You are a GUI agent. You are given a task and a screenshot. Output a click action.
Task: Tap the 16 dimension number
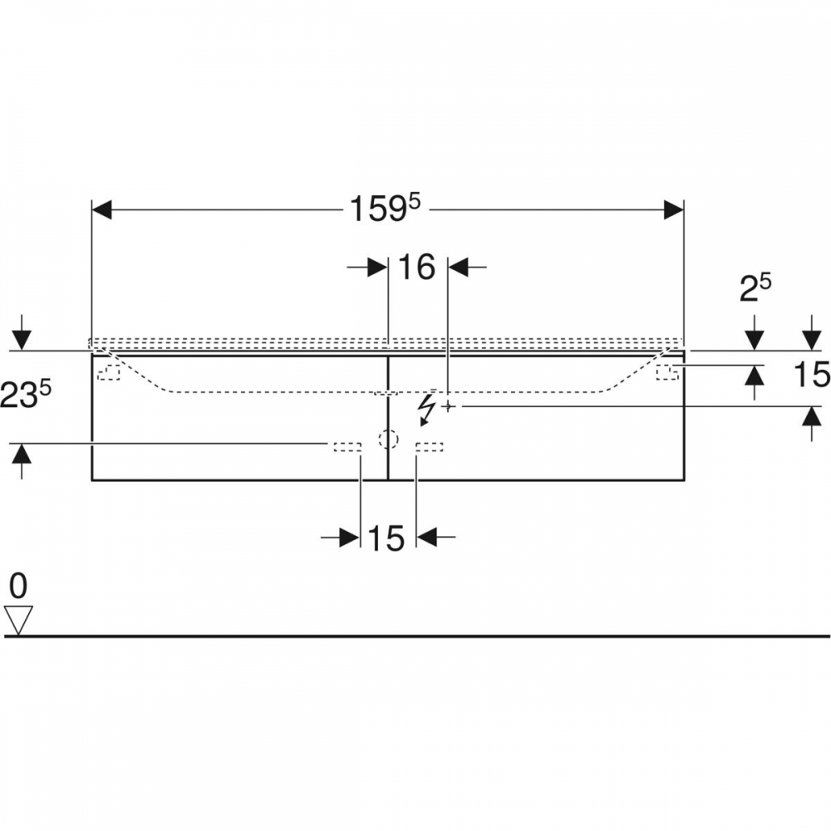416,267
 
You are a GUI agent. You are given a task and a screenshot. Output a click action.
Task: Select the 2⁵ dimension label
755,288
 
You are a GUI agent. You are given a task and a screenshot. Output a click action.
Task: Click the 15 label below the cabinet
386,538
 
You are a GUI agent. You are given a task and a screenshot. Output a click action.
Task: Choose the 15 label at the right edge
811,374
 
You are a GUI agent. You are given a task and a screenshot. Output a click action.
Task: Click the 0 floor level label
18,586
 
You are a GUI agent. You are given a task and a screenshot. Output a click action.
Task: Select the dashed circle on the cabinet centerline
388,439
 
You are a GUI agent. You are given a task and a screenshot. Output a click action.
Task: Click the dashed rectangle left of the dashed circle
347,447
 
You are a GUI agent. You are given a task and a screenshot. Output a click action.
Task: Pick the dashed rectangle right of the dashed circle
430,447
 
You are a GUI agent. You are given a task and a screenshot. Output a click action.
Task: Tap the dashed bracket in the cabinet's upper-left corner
109,372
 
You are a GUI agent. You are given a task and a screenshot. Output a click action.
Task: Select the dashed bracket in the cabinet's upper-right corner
667,372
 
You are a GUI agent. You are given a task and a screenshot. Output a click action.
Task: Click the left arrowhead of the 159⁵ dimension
101,210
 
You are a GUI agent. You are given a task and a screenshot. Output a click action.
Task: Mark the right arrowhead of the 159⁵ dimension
674,210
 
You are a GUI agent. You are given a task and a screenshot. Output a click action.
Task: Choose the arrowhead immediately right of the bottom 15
426,537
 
